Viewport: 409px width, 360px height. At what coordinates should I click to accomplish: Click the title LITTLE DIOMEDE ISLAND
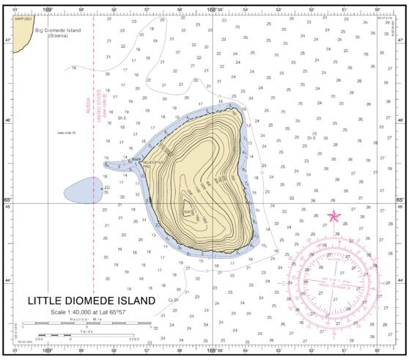point(92,301)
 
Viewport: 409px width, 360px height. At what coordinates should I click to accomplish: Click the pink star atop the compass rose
point(334,216)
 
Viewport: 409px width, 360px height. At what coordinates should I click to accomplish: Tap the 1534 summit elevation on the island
point(187,211)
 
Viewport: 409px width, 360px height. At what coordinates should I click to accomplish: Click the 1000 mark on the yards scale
point(133,338)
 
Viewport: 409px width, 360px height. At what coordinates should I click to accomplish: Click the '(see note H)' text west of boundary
point(67,133)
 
